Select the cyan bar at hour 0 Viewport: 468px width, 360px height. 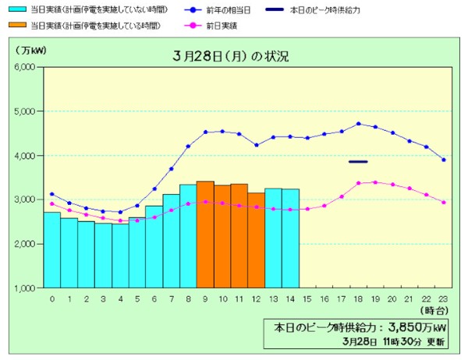[51, 249]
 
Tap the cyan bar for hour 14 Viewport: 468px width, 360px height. [290, 238]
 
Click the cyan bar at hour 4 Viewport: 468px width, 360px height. [120, 256]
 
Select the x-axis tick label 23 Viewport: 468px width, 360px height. [444, 298]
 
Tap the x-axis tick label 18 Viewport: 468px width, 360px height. [358, 298]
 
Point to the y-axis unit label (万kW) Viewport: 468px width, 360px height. [29, 49]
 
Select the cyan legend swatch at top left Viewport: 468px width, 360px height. [15, 11]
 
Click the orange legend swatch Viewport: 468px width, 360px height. [15, 26]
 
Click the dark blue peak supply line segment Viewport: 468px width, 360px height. [358, 161]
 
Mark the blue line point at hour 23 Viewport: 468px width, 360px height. [444, 160]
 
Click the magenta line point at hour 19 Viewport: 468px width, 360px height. [375, 182]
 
